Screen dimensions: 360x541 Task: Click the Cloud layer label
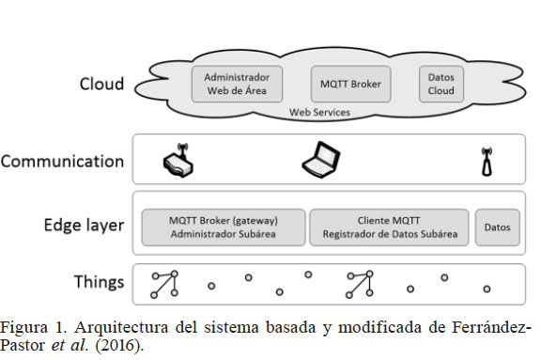(102, 85)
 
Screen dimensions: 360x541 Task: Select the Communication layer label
(62, 161)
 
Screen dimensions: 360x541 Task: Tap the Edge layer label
(84, 226)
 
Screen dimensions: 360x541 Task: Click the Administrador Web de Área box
(237, 84)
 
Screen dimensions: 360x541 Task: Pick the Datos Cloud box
(441, 84)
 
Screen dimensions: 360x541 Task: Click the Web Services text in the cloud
(319, 113)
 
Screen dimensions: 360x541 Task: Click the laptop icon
(321, 160)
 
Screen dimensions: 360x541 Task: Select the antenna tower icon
(487, 162)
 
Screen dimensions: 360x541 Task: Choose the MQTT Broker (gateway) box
(224, 227)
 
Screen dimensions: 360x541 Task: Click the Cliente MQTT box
(388, 227)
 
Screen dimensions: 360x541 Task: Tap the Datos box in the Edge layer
(497, 227)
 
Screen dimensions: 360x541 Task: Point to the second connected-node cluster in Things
(359, 283)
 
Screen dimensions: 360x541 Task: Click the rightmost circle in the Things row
(487, 289)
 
